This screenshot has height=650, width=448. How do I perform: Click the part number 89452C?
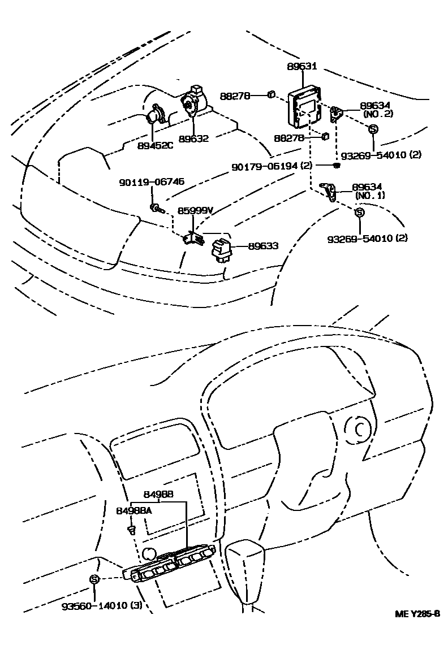(153, 145)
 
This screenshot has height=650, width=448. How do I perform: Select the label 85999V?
(195, 211)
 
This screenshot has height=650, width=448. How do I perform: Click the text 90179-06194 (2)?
(272, 167)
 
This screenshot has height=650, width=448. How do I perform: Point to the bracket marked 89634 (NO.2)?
(336, 115)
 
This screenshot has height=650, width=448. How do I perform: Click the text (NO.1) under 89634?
(371, 196)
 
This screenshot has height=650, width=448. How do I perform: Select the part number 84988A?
(134, 510)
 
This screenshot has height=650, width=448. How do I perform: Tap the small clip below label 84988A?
(131, 530)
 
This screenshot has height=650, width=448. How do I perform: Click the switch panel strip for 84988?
(173, 563)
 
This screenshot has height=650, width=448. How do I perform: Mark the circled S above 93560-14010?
(94, 579)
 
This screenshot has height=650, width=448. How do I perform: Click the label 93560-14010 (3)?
(102, 606)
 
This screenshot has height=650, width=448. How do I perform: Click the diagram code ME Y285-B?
(417, 614)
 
